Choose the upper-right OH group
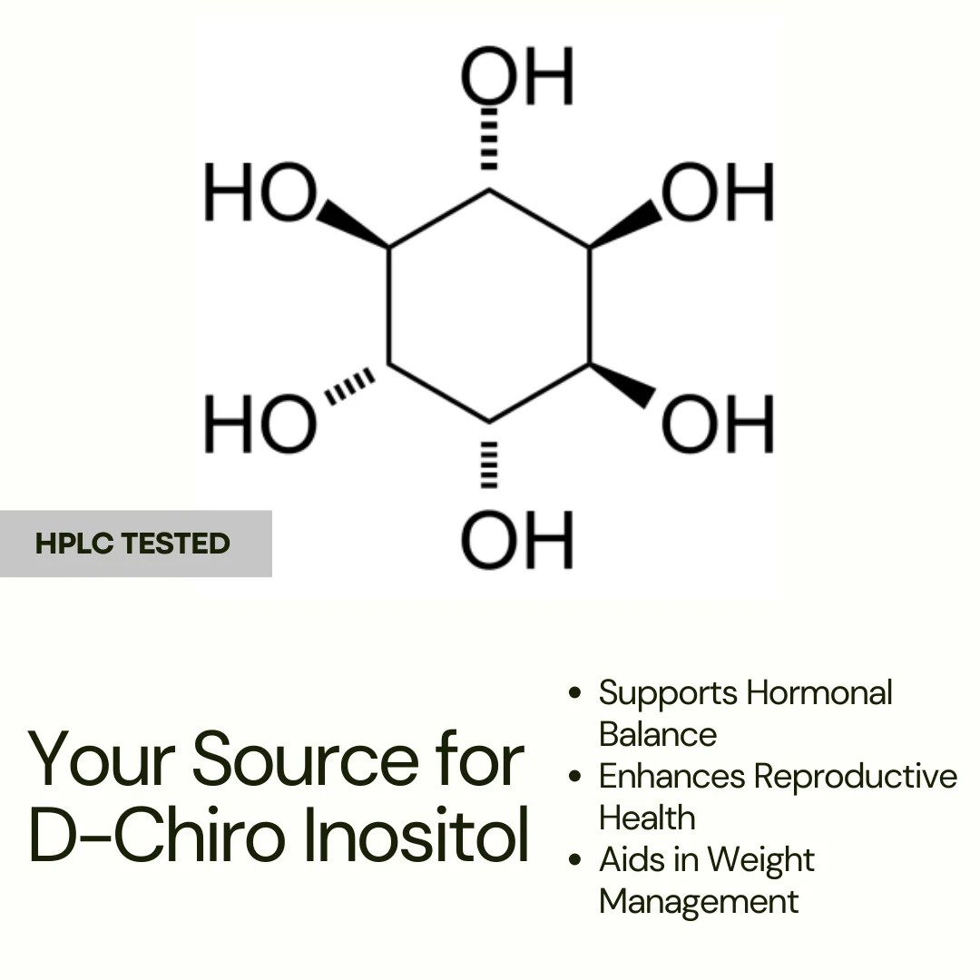718,193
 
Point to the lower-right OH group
718,424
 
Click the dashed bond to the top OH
490,138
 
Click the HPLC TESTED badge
134,544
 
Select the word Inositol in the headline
416,838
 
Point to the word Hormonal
818,693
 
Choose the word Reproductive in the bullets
856,777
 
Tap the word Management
699,902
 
